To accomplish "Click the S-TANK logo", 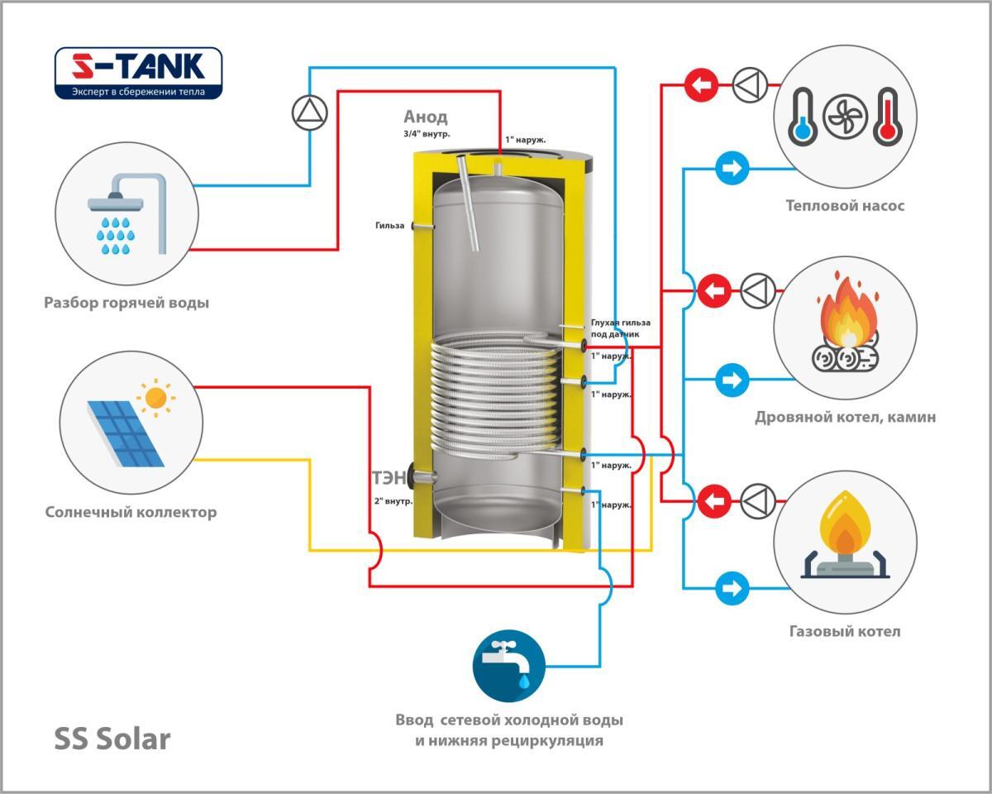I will point(138,73).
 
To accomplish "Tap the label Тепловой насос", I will point(845,205).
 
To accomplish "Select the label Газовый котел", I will point(844,632).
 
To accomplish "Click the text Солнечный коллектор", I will point(131,513).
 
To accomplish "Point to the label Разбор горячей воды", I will point(126,303).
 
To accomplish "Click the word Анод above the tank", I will point(426,117).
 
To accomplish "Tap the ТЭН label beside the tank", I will point(389,477).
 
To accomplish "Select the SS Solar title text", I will point(112,738).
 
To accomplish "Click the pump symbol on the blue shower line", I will point(311,113).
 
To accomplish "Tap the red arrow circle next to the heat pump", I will point(701,84).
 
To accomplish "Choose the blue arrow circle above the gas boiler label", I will point(730,588).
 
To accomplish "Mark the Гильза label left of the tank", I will point(389,226).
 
